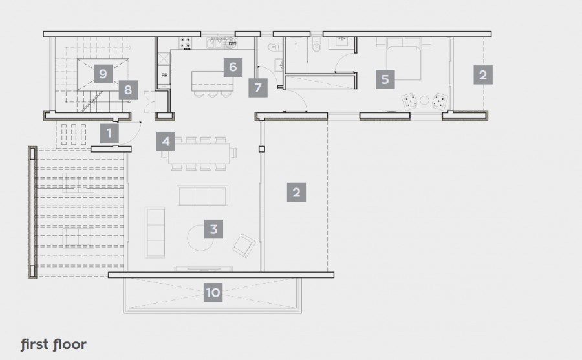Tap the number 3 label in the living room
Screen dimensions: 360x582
[x=213, y=229]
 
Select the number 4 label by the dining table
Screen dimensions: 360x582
[x=166, y=141]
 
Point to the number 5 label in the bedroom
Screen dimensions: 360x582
[x=385, y=79]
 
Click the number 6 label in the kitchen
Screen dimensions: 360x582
[x=232, y=67]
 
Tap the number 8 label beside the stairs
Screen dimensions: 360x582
[x=128, y=90]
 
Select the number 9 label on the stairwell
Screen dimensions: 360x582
[x=102, y=72]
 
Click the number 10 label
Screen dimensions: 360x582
[x=213, y=293]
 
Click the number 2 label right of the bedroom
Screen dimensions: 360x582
[x=482, y=74]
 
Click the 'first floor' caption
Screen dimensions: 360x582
[x=53, y=344]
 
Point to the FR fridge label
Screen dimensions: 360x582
[x=164, y=76]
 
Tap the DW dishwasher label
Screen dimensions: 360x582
[x=232, y=44]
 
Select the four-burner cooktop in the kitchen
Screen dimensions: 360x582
[x=186, y=43]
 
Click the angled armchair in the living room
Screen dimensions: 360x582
[x=244, y=244]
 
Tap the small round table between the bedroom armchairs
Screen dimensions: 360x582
[x=424, y=100]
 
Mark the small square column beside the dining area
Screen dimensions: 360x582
[x=262, y=149]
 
